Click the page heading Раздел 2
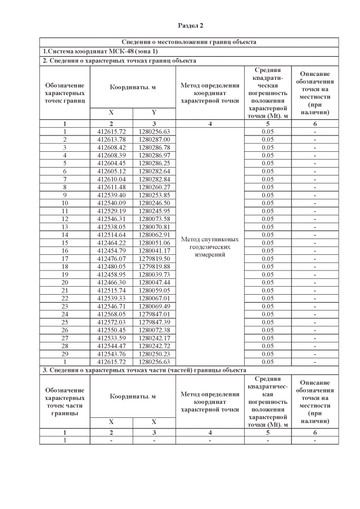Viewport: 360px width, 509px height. coord(190,26)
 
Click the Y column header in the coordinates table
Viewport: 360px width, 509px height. coord(154,112)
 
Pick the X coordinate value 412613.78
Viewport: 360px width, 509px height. coord(111,139)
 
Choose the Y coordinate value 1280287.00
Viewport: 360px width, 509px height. coord(154,139)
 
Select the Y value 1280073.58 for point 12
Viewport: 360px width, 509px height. coord(154,218)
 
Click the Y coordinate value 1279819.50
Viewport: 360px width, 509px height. coord(154,258)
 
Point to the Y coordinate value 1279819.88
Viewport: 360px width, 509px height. coord(154,266)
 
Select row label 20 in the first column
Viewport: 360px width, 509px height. coord(65,282)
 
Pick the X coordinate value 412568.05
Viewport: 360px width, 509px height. coord(111,314)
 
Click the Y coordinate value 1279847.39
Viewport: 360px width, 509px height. coord(154,322)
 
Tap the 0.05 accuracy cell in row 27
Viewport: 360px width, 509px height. coord(267,337)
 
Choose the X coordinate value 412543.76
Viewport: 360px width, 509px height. coord(111,354)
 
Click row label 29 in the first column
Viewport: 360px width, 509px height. coord(65,354)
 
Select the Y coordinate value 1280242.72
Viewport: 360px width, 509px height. coord(154,346)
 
